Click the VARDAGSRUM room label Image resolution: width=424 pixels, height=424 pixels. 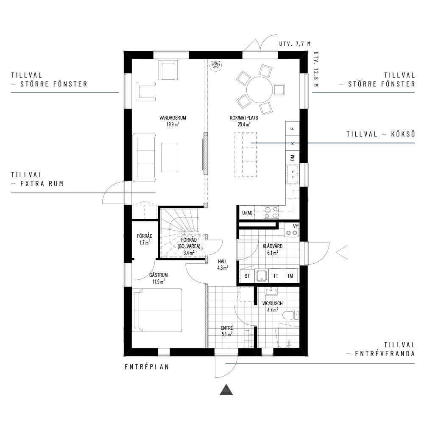[x=173, y=118]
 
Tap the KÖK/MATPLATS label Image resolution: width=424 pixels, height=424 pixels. [x=244, y=118]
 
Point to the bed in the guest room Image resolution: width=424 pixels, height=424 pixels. [x=157, y=310]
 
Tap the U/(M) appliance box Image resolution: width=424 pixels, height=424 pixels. [x=247, y=213]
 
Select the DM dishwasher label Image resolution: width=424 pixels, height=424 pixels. [x=292, y=158]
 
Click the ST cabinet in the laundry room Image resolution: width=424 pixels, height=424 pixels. [x=248, y=276]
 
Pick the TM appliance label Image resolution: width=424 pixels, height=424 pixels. [x=290, y=276]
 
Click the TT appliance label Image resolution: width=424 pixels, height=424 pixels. [x=276, y=276]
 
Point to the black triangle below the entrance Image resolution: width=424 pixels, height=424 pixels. [x=226, y=390]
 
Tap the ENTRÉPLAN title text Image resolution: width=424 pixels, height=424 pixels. [x=147, y=367]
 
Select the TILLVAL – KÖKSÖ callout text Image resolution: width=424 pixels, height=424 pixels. [x=381, y=134]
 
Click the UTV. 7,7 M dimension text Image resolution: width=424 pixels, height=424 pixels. [x=295, y=44]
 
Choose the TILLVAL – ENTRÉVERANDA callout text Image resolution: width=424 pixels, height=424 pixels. [x=381, y=349]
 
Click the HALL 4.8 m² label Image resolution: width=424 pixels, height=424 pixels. [x=223, y=265]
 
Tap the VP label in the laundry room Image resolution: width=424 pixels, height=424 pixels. [x=296, y=226]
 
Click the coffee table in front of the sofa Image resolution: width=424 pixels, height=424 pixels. [x=169, y=157]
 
